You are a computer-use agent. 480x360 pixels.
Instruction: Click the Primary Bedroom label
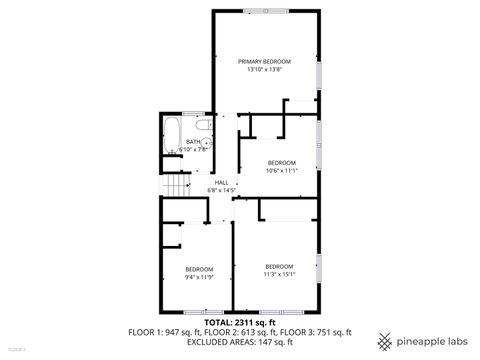tap(264, 62)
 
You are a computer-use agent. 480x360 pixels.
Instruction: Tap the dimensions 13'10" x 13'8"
tap(264, 70)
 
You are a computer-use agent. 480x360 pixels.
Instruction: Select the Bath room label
tap(193, 142)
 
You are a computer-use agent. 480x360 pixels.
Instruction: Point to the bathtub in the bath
tap(170, 137)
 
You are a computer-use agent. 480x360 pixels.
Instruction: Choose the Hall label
tap(221, 182)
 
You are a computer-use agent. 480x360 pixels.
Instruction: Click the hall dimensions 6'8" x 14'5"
tap(221, 189)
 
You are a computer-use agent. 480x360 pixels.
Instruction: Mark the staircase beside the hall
tap(177, 187)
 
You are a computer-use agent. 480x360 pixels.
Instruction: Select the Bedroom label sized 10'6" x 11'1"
tap(283, 163)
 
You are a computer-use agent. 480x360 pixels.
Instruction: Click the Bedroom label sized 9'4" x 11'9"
tap(199, 269)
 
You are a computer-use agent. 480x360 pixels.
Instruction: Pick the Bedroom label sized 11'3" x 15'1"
tap(279, 266)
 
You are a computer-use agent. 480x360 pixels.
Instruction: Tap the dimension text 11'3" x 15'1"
tap(279, 274)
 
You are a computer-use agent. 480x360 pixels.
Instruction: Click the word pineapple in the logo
tap(414, 337)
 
